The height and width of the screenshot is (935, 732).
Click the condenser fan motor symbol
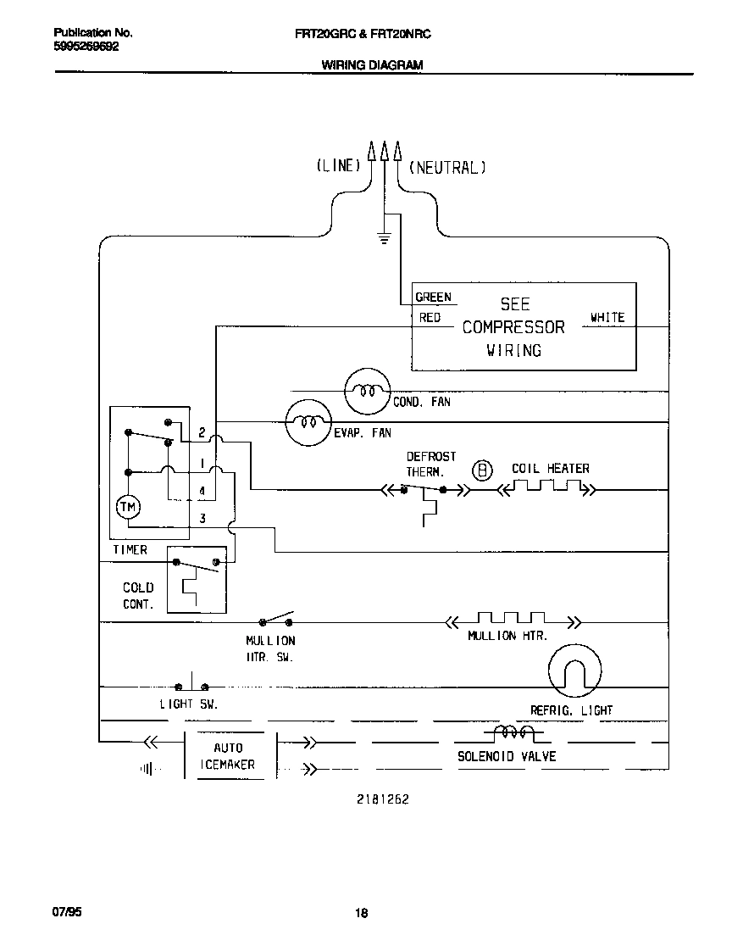[x=367, y=391]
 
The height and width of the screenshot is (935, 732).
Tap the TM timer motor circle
[x=128, y=506]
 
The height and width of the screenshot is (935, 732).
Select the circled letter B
[x=481, y=470]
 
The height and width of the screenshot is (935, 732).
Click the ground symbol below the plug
[x=384, y=238]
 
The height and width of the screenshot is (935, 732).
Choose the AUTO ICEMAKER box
[x=228, y=756]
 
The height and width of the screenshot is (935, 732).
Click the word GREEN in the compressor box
[x=433, y=298]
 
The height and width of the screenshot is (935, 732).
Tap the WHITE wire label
[x=607, y=318]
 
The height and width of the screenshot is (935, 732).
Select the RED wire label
[x=430, y=318]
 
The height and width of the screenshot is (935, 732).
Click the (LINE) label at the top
[x=338, y=166]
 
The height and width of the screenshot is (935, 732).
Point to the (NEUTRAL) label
[x=447, y=167]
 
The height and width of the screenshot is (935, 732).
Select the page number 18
[x=362, y=913]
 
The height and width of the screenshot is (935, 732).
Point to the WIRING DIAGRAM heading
[x=372, y=64]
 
